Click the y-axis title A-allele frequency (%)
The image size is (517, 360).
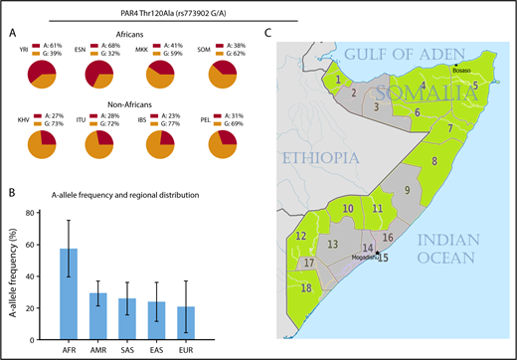(x=12, y=269)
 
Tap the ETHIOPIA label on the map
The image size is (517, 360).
(x=313, y=157)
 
